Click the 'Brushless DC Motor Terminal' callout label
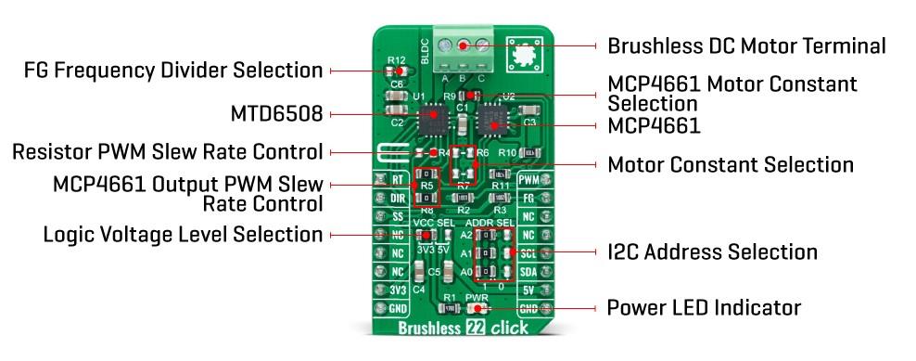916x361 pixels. point(746,45)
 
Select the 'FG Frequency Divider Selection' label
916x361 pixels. point(173,71)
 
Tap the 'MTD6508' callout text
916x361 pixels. point(277,115)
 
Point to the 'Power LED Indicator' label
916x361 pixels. point(704,307)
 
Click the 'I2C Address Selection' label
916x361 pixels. point(712,251)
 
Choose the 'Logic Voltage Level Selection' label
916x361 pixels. point(183,235)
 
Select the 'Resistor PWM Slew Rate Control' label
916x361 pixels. point(167,151)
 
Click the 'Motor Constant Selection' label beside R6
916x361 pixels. point(730,165)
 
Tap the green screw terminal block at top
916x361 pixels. point(468,46)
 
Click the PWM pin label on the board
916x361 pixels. point(528,180)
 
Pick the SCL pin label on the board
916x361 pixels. point(528,252)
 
